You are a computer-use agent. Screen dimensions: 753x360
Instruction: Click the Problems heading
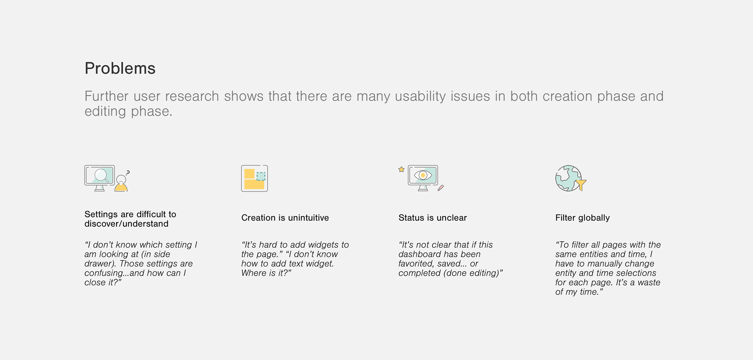[120, 68]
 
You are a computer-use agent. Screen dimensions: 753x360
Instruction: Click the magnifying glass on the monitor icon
[102, 175]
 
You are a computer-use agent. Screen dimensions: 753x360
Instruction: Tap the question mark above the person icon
[128, 172]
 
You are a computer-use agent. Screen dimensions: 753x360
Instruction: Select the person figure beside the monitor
[121, 183]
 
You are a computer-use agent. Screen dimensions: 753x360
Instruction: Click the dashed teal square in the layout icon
[261, 176]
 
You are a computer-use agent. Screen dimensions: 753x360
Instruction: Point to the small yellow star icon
[401, 169]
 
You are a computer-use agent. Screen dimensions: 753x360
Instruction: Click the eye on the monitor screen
[423, 175]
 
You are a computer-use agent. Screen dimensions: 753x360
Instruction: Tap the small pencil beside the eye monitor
[440, 188]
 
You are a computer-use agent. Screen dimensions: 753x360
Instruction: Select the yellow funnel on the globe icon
[580, 184]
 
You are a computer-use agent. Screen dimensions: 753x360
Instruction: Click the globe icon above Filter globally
[569, 178]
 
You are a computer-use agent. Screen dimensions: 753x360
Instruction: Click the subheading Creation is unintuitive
[285, 218]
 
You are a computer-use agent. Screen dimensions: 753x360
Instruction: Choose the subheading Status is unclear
[433, 218]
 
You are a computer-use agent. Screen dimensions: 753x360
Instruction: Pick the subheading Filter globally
[582, 218]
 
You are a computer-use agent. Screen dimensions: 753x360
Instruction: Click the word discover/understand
[126, 224]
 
